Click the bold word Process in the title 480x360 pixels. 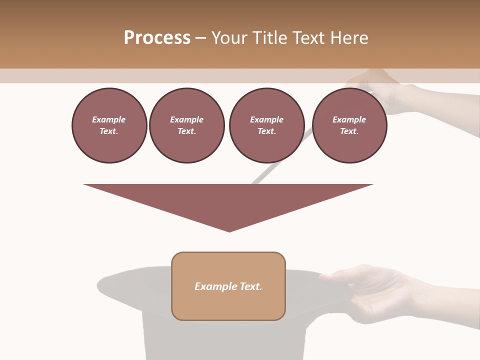(x=157, y=38)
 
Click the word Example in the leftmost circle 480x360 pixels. (x=109, y=119)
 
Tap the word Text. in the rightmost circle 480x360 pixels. (x=349, y=131)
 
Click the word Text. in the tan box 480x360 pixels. (x=250, y=286)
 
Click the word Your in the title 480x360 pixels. (x=229, y=38)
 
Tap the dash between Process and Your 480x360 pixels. (x=200, y=38)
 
